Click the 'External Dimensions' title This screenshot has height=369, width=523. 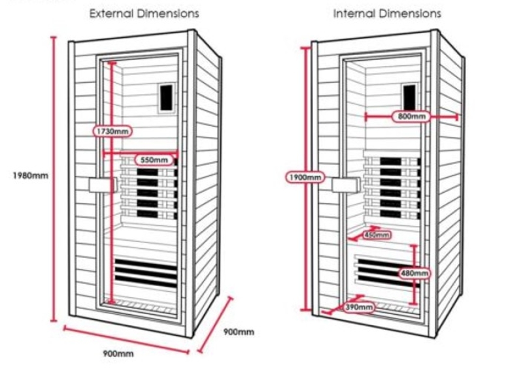click(144, 13)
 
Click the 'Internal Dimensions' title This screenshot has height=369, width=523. click(387, 13)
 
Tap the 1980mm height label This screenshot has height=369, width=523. click(31, 175)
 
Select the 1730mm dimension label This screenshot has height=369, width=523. click(112, 131)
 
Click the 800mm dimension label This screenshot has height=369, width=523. click(411, 117)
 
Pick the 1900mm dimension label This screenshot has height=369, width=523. click(304, 177)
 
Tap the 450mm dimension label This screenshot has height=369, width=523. click(376, 235)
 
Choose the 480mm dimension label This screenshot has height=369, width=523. click(414, 273)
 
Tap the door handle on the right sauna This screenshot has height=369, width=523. click(341, 185)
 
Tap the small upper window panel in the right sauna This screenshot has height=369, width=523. click(410, 97)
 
